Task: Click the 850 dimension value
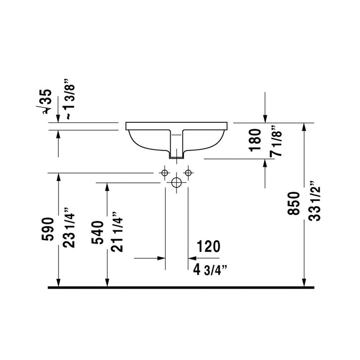[x=293, y=203]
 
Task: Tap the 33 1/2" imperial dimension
[x=314, y=201]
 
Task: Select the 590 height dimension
[x=48, y=229]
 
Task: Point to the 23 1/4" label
[x=69, y=227]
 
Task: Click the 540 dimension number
[x=97, y=232]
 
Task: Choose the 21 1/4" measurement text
[x=117, y=232]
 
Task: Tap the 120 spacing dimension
[x=209, y=247]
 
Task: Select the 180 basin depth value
[x=255, y=140]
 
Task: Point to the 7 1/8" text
[x=276, y=141]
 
